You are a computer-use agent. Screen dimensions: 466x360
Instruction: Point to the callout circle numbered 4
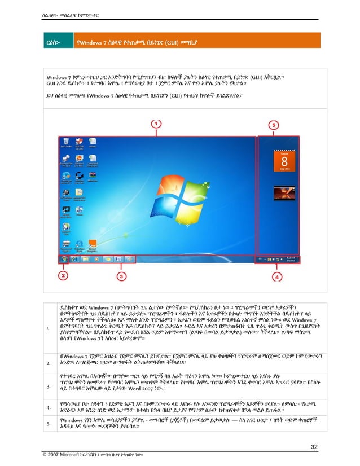tap(277, 276)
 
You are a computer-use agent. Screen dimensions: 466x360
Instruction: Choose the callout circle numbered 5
tap(273, 124)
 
